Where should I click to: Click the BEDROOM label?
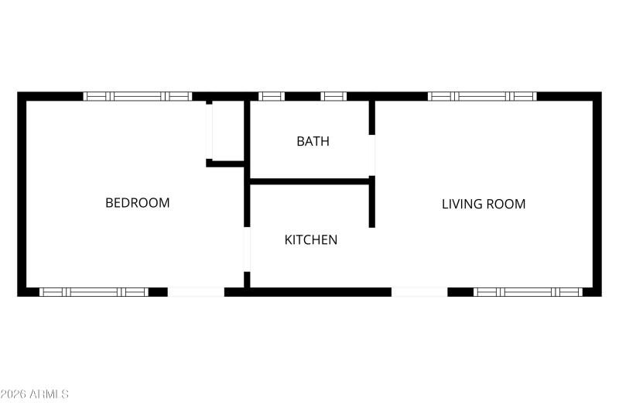(137, 203)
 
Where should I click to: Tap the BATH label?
(313, 141)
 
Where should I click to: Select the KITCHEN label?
(311, 239)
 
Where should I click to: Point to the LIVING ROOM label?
(484, 205)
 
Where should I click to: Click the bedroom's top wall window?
(137, 96)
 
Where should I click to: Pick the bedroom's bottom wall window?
(94, 292)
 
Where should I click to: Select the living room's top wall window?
(482, 96)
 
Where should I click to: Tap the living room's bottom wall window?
(527, 292)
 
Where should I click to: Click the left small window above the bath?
(272, 96)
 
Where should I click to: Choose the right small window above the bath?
(333, 96)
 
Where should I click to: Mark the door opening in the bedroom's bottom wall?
(196, 292)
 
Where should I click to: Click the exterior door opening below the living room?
(419, 292)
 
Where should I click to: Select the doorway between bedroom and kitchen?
(247, 248)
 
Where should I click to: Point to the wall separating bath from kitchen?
(309, 181)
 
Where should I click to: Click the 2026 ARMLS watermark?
(35, 394)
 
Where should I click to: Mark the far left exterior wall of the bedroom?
(22, 194)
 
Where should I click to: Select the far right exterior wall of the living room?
(597, 194)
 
